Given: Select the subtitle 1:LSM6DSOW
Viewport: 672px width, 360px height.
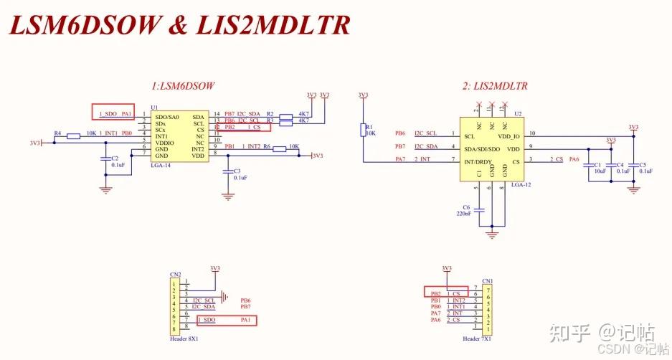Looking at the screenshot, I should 183,86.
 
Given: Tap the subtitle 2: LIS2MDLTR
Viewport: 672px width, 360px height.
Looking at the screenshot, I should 496,86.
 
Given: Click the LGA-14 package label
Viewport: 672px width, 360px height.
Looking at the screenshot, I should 161,165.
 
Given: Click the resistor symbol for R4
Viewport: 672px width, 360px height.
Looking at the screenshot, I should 73,134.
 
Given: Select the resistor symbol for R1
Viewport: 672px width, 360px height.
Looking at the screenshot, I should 364,129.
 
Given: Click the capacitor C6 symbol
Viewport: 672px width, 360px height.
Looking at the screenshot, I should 480,210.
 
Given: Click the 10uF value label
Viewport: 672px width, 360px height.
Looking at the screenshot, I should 599,172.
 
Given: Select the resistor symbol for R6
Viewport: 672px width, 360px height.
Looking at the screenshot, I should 291,148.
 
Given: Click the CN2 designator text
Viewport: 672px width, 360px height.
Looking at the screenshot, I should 174,274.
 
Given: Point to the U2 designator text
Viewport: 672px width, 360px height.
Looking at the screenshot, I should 518,113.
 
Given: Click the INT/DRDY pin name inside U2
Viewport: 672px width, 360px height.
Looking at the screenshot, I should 478,161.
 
